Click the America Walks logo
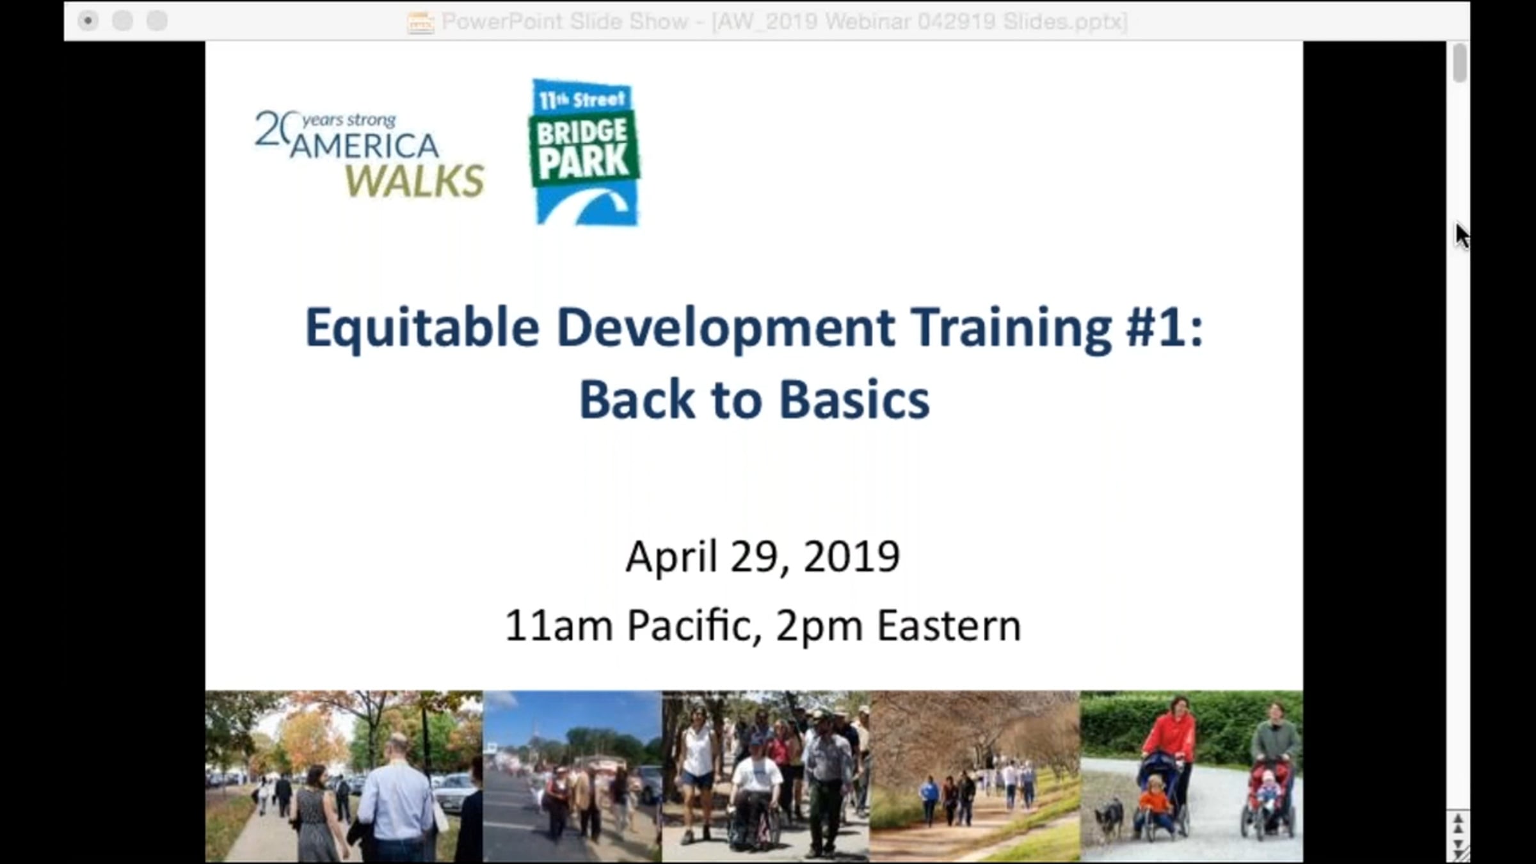pos(369,154)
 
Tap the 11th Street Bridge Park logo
pos(584,152)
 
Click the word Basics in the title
pos(854,400)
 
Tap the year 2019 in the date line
pos(851,556)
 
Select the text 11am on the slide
pos(559,625)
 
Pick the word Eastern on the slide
pos(948,625)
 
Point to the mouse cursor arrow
pos(1462,236)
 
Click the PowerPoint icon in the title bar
pos(420,22)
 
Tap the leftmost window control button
pos(88,21)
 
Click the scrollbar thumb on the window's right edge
pos(1460,63)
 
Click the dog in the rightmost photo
pos(1109,819)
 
